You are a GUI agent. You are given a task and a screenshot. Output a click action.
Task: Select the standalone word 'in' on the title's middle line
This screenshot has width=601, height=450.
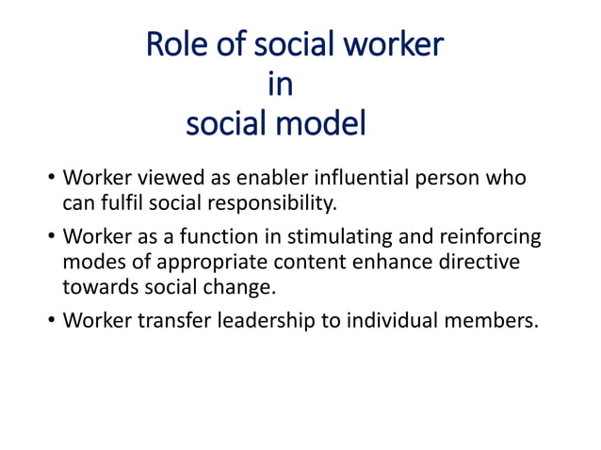pyautogui.click(x=281, y=85)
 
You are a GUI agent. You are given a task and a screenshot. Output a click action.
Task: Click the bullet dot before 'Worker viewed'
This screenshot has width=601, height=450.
pyautogui.click(x=51, y=179)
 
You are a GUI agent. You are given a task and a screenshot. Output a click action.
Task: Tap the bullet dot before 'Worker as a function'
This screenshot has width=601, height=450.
pyautogui.click(x=51, y=237)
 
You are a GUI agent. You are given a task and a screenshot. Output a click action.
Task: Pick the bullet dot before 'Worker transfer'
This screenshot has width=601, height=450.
pyautogui.click(x=51, y=321)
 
